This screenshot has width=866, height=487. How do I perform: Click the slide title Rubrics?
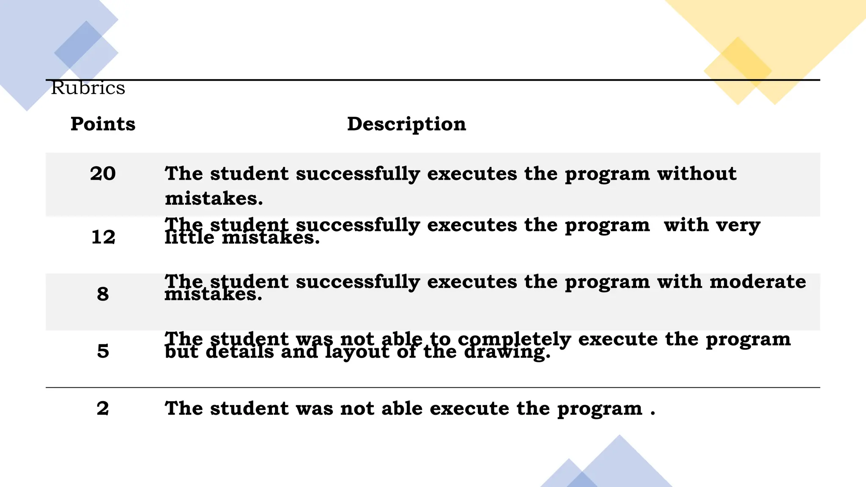[x=88, y=88]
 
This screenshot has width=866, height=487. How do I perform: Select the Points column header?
[x=103, y=124]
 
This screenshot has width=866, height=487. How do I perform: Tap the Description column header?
[x=406, y=124]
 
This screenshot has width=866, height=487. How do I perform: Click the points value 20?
[x=103, y=174]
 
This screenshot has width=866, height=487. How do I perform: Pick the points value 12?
[x=103, y=237]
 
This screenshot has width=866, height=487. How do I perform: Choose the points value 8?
[x=103, y=294]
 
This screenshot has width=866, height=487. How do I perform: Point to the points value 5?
[x=103, y=351]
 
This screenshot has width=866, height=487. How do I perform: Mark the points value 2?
[x=103, y=408]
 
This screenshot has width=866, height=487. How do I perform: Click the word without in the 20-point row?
[x=696, y=174]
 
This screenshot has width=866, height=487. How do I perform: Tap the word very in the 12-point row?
[x=738, y=225]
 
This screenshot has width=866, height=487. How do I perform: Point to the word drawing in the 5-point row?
[x=507, y=352]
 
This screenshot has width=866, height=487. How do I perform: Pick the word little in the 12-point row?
[x=189, y=238]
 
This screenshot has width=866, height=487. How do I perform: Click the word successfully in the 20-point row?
[x=358, y=174]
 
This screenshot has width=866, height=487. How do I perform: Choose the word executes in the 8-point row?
[x=472, y=282]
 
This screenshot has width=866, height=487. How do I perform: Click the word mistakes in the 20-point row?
[x=214, y=198]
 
